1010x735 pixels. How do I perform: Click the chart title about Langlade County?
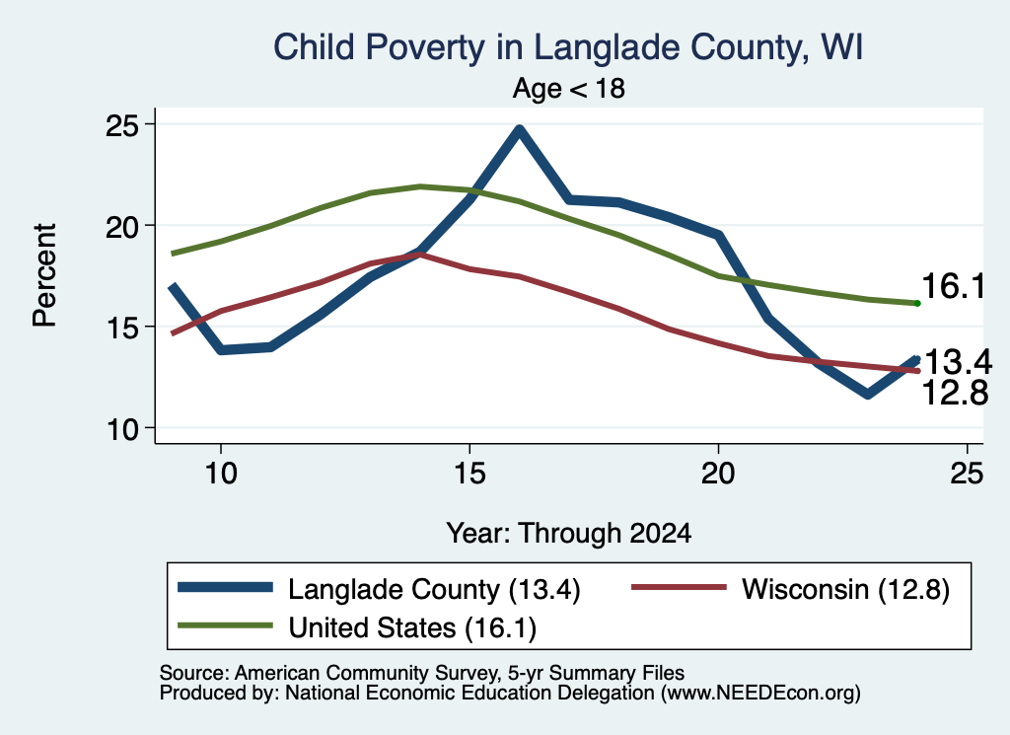click(x=568, y=47)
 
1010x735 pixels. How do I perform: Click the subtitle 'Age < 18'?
click(x=569, y=88)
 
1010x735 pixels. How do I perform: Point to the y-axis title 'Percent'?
click(x=44, y=275)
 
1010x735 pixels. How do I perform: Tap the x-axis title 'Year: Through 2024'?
click(x=569, y=534)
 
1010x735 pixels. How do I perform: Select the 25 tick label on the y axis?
click(x=122, y=125)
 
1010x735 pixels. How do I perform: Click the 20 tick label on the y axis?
click(x=122, y=226)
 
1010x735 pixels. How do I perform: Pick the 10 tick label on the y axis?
click(x=122, y=429)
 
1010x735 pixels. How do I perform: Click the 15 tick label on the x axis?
click(x=469, y=474)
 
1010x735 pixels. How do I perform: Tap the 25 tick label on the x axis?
click(x=967, y=474)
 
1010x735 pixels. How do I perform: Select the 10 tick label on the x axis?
click(x=221, y=474)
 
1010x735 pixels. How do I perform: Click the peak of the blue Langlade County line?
click(x=519, y=129)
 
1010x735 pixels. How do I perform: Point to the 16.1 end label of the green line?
click(x=954, y=286)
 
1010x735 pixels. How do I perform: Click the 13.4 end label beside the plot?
click(x=957, y=362)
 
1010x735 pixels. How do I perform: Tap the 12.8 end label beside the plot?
click(x=955, y=393)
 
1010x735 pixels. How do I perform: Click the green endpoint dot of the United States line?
click(x=917, y=303)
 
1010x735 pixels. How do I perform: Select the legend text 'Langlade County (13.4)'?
click(x=434, y=589)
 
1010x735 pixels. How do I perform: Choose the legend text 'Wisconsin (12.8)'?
click(x=845, y=589)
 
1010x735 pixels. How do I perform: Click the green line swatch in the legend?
click(x=226, y=625)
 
